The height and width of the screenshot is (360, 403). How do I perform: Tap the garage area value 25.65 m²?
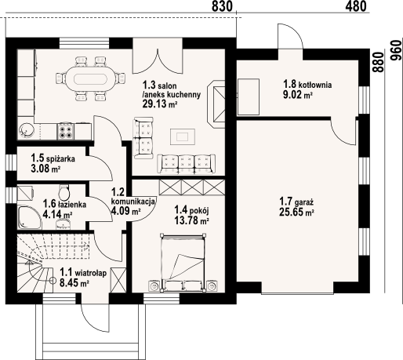(x=296, y=212)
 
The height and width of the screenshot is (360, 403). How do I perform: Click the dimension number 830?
(x=223, y=7)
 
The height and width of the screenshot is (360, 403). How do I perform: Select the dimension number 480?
(x=356, y=7)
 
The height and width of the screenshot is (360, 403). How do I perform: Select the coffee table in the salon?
(x=183, y=136)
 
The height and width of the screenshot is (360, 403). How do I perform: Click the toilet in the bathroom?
(x=67, y=192)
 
